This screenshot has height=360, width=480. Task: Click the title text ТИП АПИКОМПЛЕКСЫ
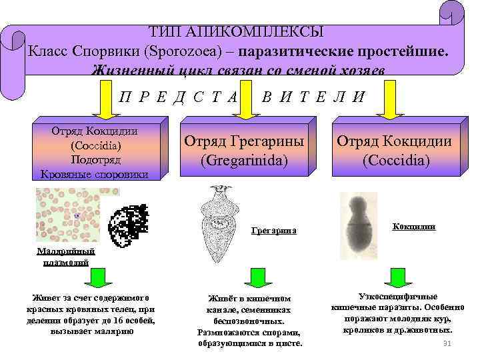coord(237,31)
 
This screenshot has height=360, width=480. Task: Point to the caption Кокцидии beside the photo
coord(415,227)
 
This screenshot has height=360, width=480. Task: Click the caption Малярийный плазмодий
coord(66,257)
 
